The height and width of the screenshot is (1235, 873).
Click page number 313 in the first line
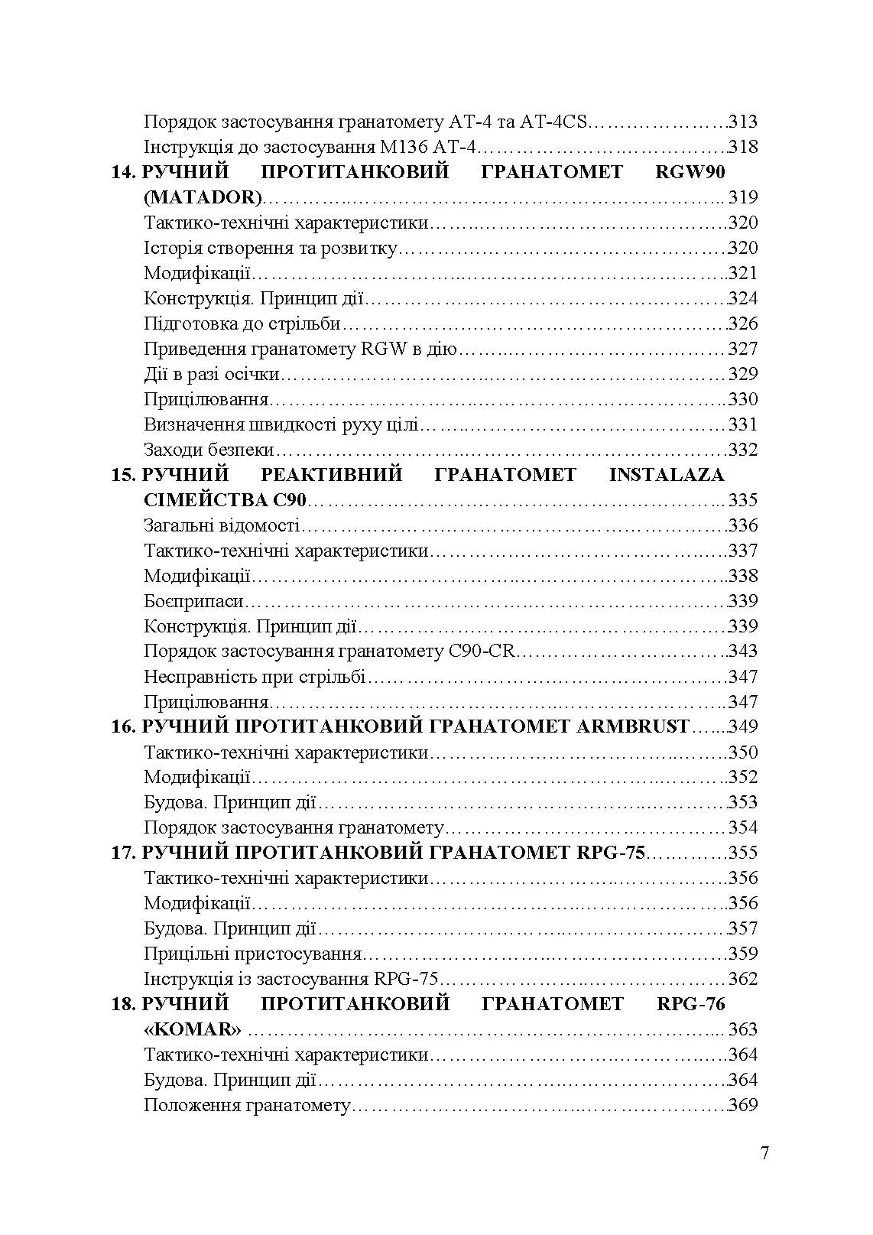742,122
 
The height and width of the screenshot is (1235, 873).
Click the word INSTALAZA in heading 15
666,475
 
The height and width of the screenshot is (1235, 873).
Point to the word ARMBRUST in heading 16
631,726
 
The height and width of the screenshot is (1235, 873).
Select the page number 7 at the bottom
765,1154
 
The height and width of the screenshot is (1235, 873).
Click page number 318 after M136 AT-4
742,147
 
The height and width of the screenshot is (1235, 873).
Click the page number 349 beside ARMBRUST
742,726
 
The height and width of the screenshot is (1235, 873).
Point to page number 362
742,979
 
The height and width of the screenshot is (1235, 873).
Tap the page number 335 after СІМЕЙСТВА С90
742,500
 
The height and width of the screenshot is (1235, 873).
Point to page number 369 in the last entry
742,1105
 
